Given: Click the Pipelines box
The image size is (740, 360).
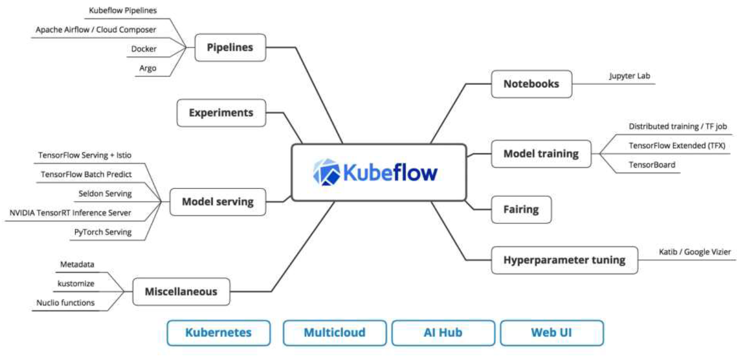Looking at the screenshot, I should pyautogui.click(x=230, y=48).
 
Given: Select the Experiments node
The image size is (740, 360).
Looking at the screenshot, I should pyautogui.click(x=221, y=113).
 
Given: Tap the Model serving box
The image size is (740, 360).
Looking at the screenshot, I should pyautogui.click(x=218, y=202).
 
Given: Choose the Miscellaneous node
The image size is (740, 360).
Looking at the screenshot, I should pyautogui.click(x=181, y=292).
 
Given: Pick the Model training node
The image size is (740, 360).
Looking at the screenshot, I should pyautogui.click(x=541, y=154).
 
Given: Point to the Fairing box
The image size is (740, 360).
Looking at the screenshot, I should pyautogui.click(x=521, y=209).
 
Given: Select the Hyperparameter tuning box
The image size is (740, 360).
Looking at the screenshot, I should pyautogui.click(x=564, y=260).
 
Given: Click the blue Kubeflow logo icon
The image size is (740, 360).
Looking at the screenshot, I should pyautogui.click(x=326, y=173).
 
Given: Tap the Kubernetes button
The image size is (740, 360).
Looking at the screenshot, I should pyautogui.click(x=219, y=333).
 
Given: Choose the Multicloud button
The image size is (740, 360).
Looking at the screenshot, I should pyautogui.click(x=334, y=333).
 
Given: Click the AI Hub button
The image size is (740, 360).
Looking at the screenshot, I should pyautogui.click(x=443, y=333).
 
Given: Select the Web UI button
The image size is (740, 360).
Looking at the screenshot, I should pyautogui.click(x=552, y=333).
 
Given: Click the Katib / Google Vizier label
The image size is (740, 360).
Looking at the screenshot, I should pyautogui.click(x=695, y=252).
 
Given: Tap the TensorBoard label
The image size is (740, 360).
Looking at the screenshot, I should pyautogui.click(x=651, y=164).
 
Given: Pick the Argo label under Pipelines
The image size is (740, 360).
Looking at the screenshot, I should pyautogui.click(x=148, y=68).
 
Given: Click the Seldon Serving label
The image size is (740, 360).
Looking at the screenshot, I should pyautogui.click(x=105, y=193).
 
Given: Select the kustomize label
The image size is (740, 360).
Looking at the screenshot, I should pyautogui.click(x=76, y=284).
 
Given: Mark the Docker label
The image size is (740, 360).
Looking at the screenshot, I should pyautogui.click(x=144, y=49).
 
